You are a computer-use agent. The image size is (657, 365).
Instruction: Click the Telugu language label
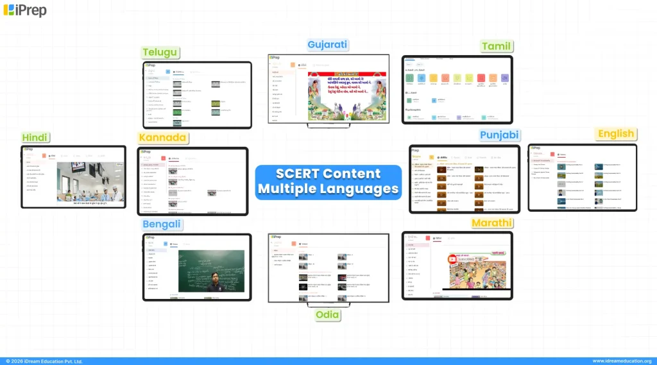pos(160,53)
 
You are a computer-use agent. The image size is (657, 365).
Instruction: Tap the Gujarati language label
pos(327,45)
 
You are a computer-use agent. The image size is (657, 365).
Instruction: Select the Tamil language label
pos(496,46)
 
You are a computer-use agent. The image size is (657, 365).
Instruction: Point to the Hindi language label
pos(35,137)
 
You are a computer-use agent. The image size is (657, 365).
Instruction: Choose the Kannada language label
pos(162,138)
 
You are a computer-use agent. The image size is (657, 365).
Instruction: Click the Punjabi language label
pos(499,135)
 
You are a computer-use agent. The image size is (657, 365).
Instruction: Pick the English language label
pos(615,134)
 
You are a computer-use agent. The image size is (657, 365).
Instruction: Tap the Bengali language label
pos(162,225)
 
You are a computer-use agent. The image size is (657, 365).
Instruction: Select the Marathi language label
pos(492,223)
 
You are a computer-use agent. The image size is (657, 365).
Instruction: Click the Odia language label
pos(327,315)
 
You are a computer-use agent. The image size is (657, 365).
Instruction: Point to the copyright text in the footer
pos(44,361)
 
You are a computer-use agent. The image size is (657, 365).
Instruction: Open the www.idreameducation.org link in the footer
pos(622,361)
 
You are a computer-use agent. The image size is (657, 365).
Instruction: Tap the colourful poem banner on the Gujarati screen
pos(346,96)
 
